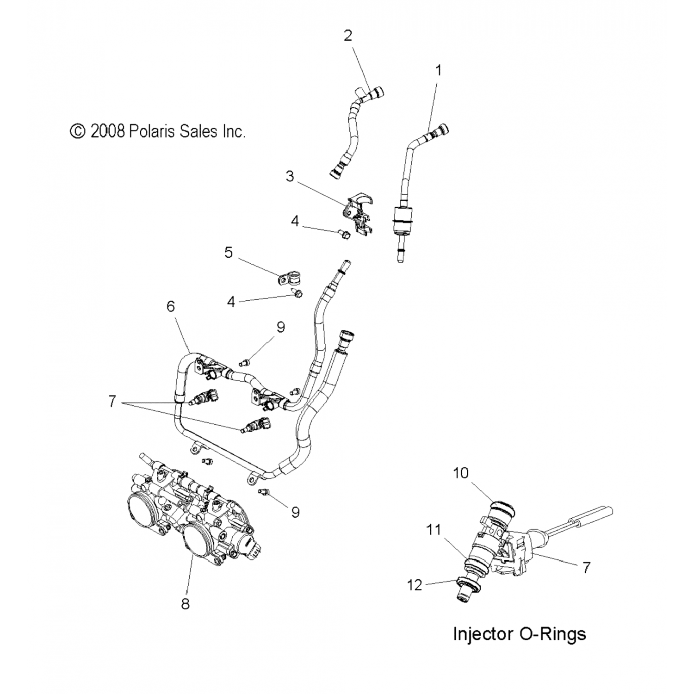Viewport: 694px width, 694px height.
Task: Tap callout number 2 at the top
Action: (x=348, y=36)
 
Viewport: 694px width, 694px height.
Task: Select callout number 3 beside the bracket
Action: (x=290, y=176)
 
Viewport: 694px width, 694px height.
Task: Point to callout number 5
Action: (x=229, y=253)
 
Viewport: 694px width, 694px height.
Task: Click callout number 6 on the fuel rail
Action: (x=171, y=306)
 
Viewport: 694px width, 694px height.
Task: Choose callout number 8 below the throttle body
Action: (x=185, y=604)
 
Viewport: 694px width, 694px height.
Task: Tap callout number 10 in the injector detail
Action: (x=461, y=473)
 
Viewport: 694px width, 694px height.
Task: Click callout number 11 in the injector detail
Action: (x=434, y=529)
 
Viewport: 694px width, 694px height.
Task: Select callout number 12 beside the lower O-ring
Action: (x=415, y=585)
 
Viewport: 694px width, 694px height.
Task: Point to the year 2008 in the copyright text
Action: (x=108, y=131)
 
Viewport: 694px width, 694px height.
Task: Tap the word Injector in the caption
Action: (x=483, y=633)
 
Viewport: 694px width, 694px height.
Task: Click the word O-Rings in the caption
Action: (x=553, y=633)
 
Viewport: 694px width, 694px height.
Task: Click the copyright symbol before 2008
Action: (x=78, y=131)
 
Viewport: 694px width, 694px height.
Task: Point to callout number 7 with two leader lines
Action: (x=112, y=401)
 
